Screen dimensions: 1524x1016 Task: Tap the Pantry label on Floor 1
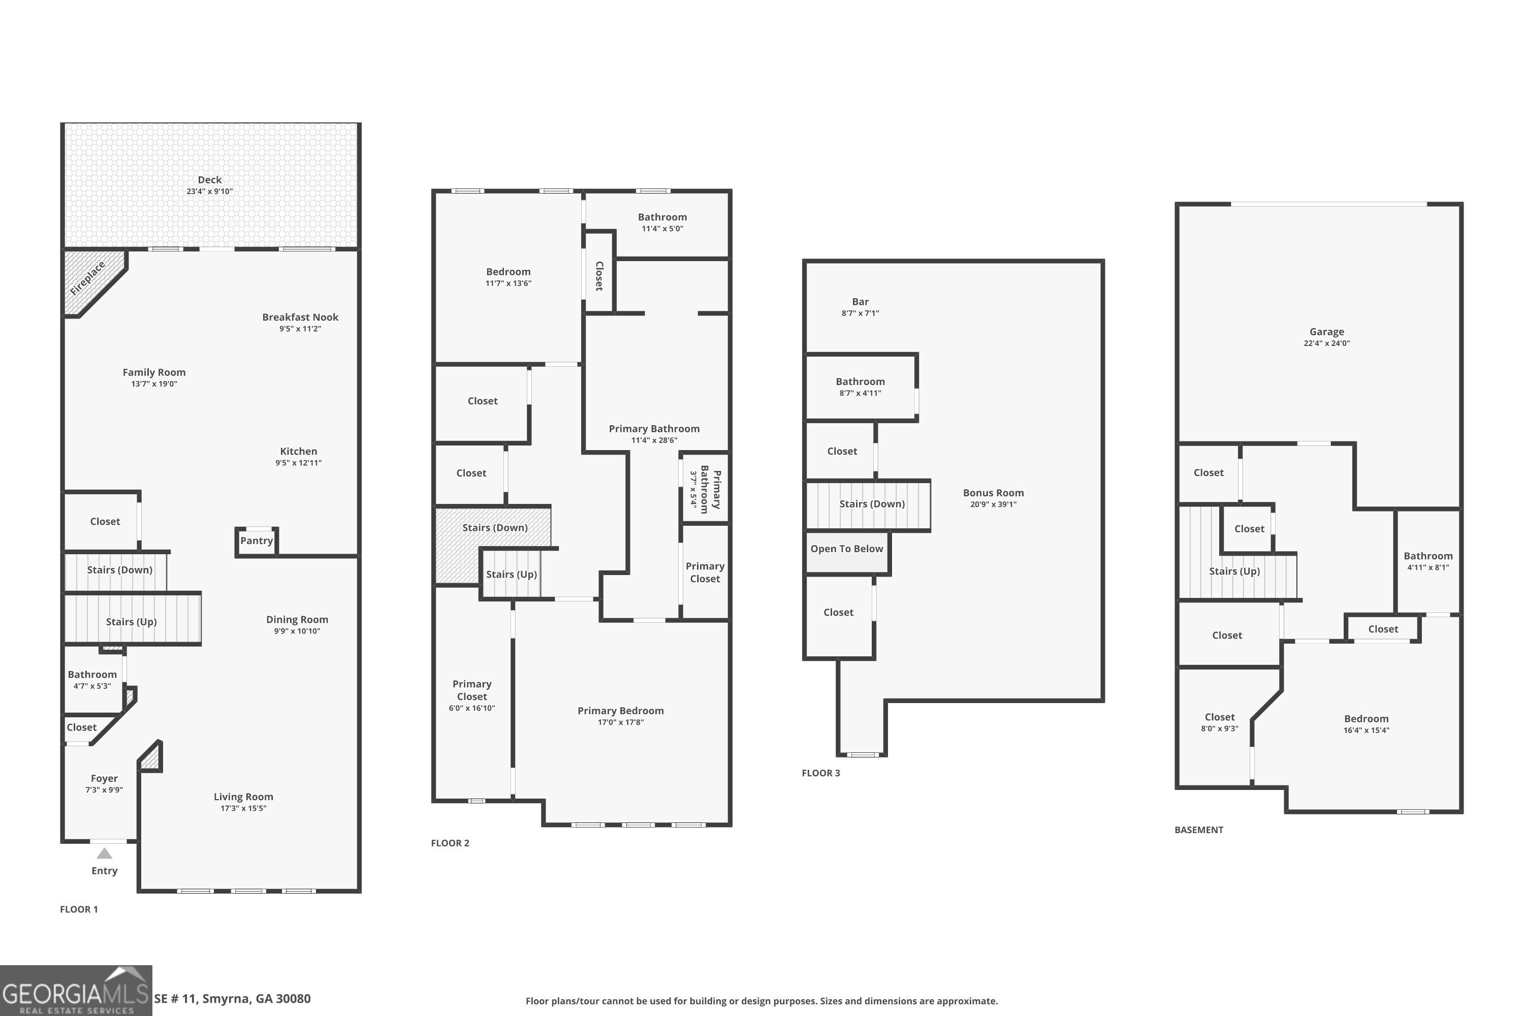257,541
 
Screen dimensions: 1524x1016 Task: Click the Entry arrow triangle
104,853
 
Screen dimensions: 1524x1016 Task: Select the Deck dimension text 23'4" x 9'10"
209,191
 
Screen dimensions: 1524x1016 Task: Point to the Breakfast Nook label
300,317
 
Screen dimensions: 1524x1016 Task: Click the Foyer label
104,778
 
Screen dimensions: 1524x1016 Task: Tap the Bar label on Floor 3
861,301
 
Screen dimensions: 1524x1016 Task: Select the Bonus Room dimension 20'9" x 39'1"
993,504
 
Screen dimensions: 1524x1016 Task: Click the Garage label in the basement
1326,332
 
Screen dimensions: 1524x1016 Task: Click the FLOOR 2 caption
450,843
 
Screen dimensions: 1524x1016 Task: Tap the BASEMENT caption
1199,830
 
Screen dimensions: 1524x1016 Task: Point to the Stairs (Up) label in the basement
1234,571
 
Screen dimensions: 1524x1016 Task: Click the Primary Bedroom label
621,711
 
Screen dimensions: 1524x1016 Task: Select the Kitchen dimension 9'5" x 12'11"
298,463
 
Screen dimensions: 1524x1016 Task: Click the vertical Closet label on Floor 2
599,276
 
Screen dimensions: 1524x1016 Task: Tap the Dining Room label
297,619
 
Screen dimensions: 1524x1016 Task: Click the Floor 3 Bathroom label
860,382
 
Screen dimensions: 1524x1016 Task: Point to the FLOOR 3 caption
821,773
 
